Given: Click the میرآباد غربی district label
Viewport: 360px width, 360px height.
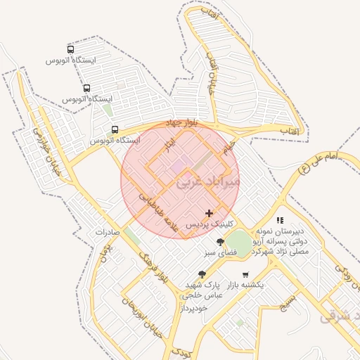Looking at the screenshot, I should pos(208,181).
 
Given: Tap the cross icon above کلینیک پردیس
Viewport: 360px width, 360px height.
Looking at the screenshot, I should pos(209,213).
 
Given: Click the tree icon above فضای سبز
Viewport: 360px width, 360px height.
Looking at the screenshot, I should pos(221,242).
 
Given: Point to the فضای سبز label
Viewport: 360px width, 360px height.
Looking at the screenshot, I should pos(219,252).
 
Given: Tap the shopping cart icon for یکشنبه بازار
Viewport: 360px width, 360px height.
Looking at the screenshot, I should pos(245,274).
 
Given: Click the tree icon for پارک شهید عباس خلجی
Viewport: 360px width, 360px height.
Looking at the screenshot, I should pos(202,274).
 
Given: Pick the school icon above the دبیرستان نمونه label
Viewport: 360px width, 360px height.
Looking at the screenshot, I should pos(280,220).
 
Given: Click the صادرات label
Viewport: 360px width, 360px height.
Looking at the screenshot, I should pos(109,232).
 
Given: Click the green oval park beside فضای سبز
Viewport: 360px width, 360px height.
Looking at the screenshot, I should pos(239,243).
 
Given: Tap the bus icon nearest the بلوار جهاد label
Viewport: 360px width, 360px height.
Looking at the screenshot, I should pos(115,129).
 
